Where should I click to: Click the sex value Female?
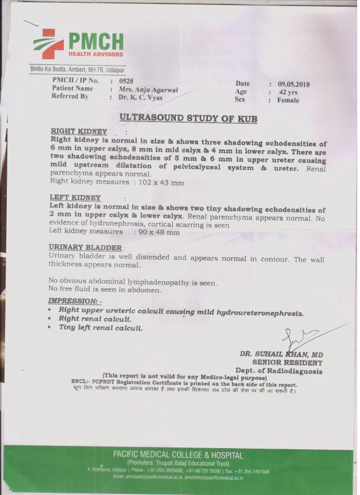[288, 100]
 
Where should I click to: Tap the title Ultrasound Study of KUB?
[188, 118]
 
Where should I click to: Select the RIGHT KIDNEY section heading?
[79, 131]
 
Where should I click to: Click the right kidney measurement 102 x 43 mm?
[158, 183]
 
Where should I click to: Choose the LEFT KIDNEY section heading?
[75, 198]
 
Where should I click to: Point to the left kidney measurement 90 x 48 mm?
[158, 232]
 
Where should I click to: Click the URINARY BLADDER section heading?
[85, 248]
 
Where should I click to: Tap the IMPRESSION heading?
[75, 301]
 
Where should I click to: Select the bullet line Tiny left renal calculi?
[101, 328]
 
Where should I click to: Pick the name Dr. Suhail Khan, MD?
[281, 354]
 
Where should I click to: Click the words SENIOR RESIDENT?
[287, 363]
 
